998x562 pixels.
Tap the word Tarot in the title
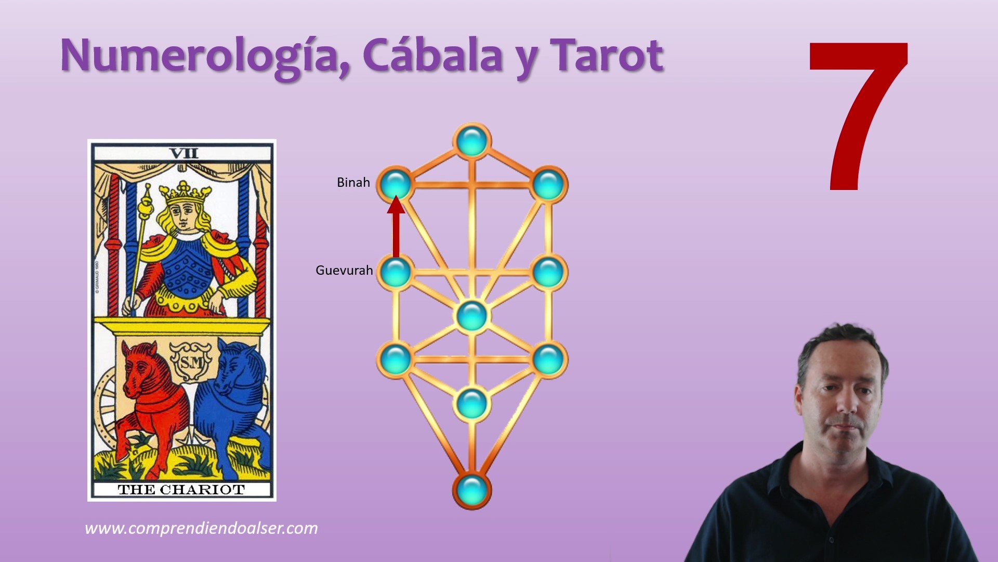(x=607, y=55)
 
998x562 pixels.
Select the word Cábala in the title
(x=432, y=55)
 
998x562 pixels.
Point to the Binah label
(x=353, y=183)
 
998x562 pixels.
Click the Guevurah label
(x=344, y=271)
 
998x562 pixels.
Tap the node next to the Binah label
(x=396, y=184)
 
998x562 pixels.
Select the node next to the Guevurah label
(x=396, y=272)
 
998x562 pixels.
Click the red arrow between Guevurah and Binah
(x=396, y=227)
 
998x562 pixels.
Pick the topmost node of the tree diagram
(x=472, y=141)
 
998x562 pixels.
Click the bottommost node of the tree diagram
(x=472, y=490)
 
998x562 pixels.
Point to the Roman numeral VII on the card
(x=183, y=154)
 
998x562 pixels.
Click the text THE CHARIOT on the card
(x=181, y=490)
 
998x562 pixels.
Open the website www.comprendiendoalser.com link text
(x=201, y=528)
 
